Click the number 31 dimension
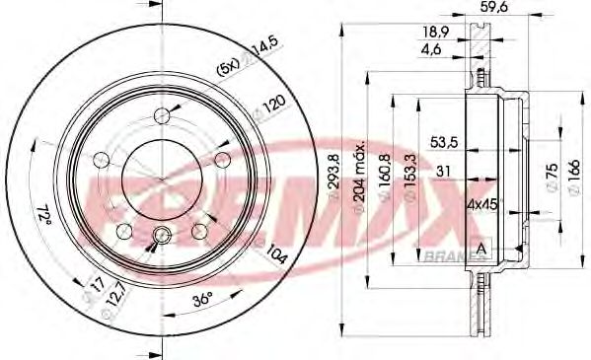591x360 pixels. coord(445,172)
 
